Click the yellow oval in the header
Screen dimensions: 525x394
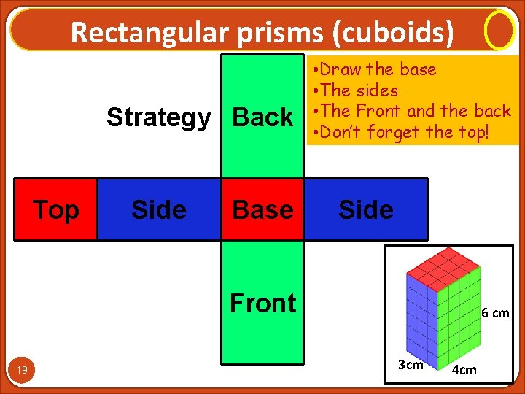(499, 31)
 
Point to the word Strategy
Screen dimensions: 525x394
(158, 117)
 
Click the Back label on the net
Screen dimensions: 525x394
(262, 117)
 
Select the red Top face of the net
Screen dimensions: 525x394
(55, 209)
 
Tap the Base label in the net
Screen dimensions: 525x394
(262, 209)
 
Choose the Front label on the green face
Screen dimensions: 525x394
(262, 302)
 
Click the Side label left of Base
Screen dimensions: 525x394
(158, 210)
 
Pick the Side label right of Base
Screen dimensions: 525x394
(365, 210)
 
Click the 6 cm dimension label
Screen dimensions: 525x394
(495, 313)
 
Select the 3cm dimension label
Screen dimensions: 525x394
(410, 365)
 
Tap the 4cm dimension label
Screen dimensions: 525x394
(464, 369)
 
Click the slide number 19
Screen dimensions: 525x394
(23, 371)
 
